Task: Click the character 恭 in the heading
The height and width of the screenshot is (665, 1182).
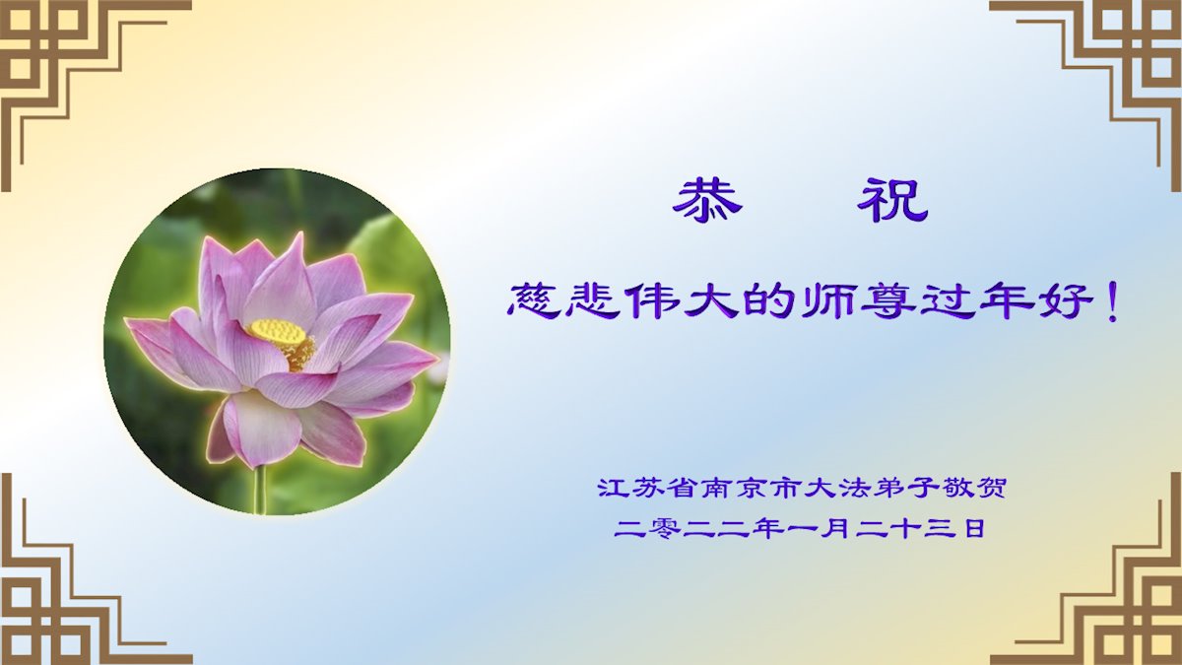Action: (x=707, y=201)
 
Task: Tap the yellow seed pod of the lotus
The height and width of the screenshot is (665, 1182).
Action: (x=277, y=333)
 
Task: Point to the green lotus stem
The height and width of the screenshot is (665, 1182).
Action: (x=260, y=489)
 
